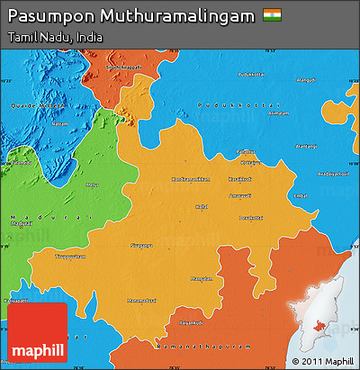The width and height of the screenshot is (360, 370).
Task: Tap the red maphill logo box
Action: (37, 332)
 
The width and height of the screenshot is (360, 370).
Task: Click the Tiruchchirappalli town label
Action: (124, 68)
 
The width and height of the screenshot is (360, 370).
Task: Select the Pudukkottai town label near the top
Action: (246, 74)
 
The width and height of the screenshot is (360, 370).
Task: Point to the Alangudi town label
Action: (306, 80)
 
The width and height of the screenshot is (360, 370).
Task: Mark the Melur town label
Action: (91, 185)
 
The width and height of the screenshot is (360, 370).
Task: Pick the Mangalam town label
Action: (202, 278)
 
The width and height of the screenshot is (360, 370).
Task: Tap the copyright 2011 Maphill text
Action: (321, 362)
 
